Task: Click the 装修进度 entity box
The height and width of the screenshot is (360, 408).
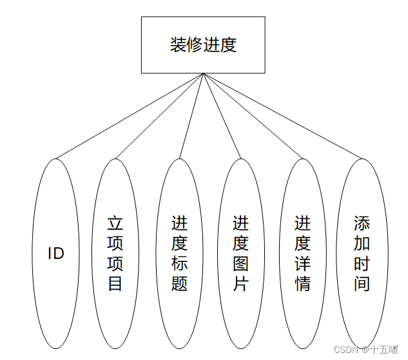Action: tap(203, 44)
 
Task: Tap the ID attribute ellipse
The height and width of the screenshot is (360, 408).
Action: tap(56, 253)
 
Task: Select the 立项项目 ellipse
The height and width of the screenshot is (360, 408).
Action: tap(115, 253)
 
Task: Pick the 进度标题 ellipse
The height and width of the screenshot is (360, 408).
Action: tap(179, 253)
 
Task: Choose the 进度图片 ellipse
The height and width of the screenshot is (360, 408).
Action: tap(240, 253)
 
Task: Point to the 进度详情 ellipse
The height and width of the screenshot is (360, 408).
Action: tap(302, 253)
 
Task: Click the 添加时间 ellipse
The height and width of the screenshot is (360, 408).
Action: tap(362, 253)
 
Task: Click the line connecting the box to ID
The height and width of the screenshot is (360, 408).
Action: tap(129, 116)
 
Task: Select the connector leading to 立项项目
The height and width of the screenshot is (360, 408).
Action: tap(160, 116)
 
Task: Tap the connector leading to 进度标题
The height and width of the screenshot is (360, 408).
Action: tap(191, 116)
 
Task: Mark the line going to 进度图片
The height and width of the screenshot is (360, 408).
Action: tap(222, 116)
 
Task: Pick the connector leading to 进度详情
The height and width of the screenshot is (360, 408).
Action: tap(252, 116)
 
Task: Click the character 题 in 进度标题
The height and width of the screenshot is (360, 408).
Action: tap(179, 283)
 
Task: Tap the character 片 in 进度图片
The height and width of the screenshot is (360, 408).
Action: tap(240, 283)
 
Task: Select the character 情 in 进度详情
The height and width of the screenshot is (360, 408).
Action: tap(302, 283)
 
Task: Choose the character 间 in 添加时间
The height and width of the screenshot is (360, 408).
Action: tap(362, 283)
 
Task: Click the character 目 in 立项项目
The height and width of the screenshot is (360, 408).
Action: tap(115, 283)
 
